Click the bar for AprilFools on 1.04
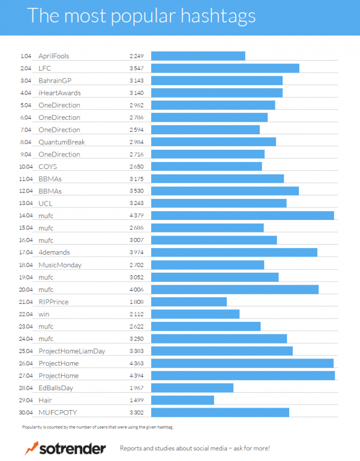pos(198,56)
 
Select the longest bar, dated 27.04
pos(242,375)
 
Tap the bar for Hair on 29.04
pos(182,400)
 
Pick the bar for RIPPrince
pos(188,302)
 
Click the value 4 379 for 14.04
pos(136,215)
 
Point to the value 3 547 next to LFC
pos(136,68)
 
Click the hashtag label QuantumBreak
pos(62,142)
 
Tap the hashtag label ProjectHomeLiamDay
pos(71,351)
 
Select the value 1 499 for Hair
pos(136,400)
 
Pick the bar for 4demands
pos(234,252)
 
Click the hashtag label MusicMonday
pos(59,264)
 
